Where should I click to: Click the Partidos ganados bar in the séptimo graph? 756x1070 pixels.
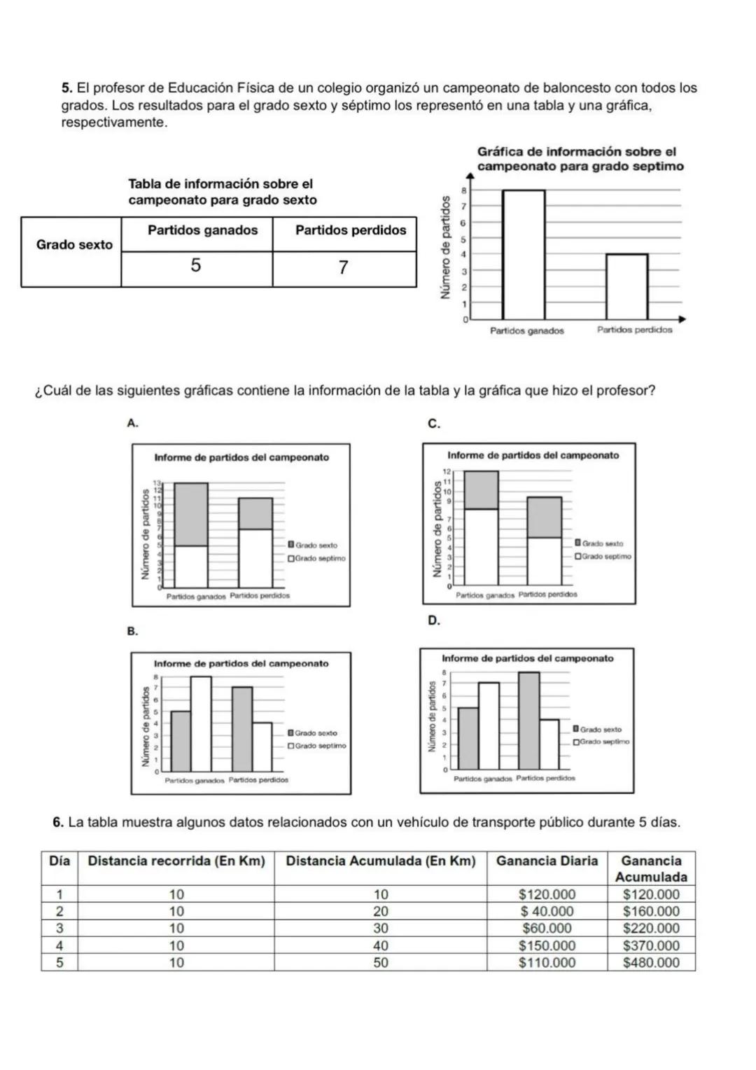pos(524,255)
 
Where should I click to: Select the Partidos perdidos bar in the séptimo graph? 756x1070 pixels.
pos(626,287)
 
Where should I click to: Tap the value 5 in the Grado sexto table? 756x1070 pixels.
pos(196,266)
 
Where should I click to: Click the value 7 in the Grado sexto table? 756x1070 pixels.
pos(343,267)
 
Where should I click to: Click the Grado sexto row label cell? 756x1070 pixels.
pos(74,245)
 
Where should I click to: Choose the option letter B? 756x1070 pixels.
pos(132,632)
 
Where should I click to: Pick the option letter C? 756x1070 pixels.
pos(433,423)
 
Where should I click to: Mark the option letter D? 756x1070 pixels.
pos(433,620)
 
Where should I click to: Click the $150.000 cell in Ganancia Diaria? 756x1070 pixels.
pos(547,945)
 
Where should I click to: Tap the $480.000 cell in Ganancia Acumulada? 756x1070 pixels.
pos(651,963)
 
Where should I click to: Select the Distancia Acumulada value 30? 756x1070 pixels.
pos(380,929)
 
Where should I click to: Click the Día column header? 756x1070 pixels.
pos(59,861)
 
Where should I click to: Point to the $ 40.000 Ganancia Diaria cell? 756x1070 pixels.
pos(547,912)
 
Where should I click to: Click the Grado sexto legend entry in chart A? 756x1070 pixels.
pos(315,545)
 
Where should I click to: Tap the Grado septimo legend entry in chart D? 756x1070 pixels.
pos(602,742)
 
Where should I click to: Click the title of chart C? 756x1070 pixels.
pos(533,455)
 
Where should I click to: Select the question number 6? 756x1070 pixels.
pos(59,822)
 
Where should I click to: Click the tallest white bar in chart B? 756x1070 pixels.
pos(201,723)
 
